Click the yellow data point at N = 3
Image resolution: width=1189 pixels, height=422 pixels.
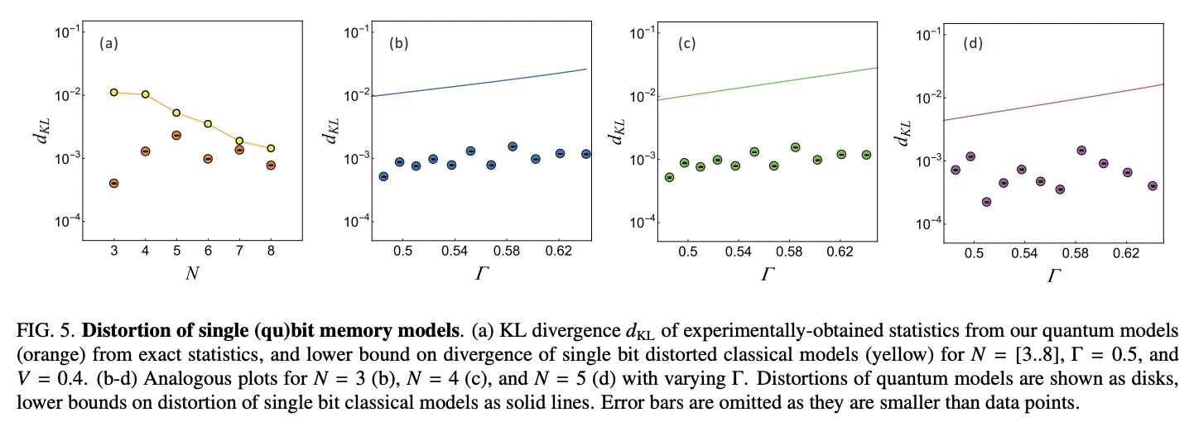click(x=114, y=93)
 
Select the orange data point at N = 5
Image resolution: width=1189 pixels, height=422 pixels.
click(x=176, y=135)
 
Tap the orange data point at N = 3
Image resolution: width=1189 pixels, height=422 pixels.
click(x=114, y=183)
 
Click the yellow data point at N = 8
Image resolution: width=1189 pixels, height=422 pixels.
click(x=271, y=149)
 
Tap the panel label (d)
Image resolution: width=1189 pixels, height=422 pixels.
click(x=973, y=44)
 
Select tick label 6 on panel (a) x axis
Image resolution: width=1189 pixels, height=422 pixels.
click(x=208, y=250)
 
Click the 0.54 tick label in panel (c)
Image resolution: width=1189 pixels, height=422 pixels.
click(x=734, y=250)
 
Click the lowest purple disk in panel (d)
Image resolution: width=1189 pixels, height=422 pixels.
click(x=986, y=202)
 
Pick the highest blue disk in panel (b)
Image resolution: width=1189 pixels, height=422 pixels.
click(x=513, y=146)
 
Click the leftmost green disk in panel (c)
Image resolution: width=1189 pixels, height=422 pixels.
click(x=669, y=177)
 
